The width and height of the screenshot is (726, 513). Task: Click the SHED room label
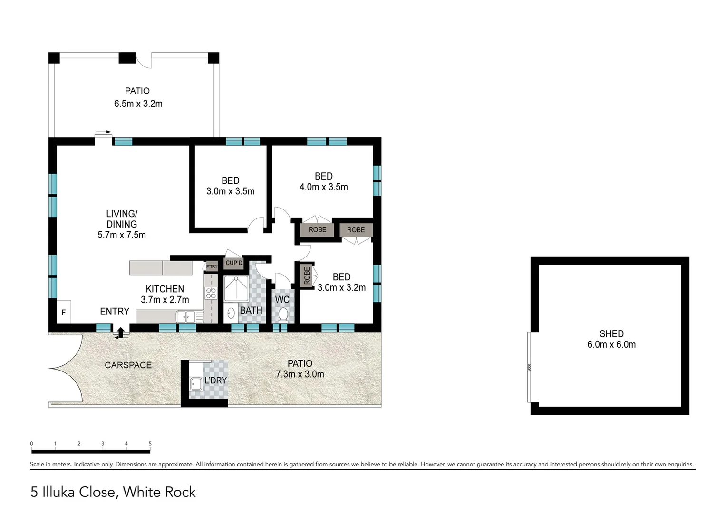tap(611, 334)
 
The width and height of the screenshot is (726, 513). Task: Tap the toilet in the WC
tap(282, 314)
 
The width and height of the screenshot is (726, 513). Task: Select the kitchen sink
tap(185, 316)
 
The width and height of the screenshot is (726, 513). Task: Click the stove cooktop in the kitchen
tap(211, 293)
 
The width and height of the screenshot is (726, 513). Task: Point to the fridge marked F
tap(64, 312)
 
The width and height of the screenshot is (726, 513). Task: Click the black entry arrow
tap(121, 332)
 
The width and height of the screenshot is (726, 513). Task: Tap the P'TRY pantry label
tap(212, 266)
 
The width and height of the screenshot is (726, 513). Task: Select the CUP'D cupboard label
tap(234, 263)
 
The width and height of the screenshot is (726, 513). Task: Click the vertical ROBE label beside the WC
tap(307, 275)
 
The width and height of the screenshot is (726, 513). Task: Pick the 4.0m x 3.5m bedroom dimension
tap(323, 187)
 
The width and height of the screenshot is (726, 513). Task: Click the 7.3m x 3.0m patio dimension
tap(300, 374)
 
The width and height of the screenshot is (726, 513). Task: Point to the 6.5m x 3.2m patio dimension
tap(138, 104)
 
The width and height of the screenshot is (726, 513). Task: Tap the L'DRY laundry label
tap(215, 380)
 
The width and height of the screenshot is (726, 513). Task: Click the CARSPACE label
tap(128, 365)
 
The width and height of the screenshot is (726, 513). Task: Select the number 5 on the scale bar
tap(150, 444)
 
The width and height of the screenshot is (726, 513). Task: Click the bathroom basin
tap(231, 313)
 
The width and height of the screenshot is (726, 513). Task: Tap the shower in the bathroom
tap(236, 288)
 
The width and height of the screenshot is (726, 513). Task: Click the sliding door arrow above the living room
tap(103, 132)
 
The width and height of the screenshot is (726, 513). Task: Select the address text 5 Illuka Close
tap(74, 492)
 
